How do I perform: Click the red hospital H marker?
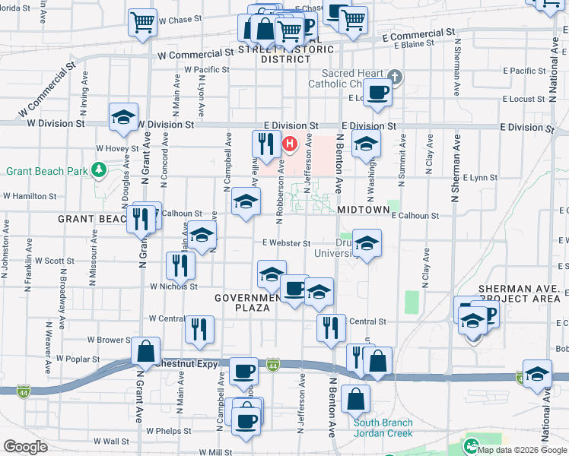coord(290,143)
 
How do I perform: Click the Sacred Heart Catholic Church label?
coord(354,78)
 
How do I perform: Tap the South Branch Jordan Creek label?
coord(383,429)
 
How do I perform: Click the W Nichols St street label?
coord(173,287)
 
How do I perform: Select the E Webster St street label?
coord(286,243)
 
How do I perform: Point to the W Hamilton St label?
coord(30,195)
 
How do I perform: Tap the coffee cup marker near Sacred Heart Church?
coord(377,94)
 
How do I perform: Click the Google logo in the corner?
coord(25,446)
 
